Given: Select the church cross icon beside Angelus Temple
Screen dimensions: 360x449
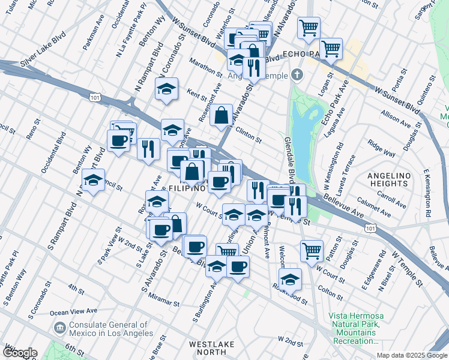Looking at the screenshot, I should click(x=295, y=75).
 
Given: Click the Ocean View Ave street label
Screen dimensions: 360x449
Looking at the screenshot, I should click(x=73, y=312).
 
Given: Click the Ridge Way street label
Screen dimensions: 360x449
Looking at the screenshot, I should click(x=382, y=146).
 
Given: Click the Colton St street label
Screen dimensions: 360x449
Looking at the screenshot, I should click(x=330, y=293).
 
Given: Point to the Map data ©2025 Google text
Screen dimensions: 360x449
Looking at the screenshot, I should click(x=411, y=355).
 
